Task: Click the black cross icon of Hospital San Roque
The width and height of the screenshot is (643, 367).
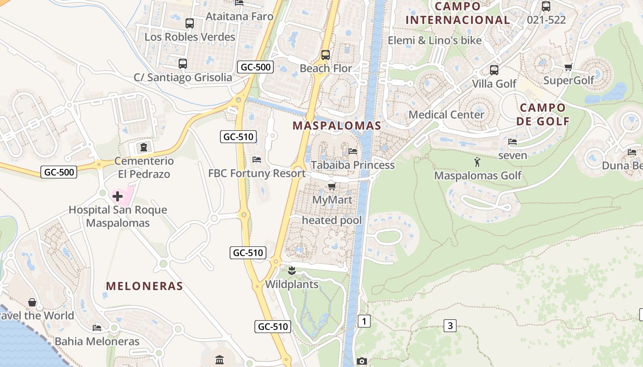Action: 118,196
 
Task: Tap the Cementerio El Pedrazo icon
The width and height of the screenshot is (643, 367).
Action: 144,147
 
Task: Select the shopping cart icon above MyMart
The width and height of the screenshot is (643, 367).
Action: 332,186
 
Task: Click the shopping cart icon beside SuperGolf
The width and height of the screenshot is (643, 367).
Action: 568,67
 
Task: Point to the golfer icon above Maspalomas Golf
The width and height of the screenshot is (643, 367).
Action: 477,162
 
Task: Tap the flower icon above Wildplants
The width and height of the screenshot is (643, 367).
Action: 291,270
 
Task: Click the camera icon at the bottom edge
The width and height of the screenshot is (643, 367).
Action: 362,361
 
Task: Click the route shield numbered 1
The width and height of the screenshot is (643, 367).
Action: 364,321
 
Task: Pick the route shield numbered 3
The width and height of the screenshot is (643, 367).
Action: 450,326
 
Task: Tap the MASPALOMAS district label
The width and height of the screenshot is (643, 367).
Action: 337,126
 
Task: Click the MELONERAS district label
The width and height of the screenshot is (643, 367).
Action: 145,286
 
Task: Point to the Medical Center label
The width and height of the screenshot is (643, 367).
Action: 446,115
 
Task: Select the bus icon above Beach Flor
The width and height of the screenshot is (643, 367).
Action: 326,55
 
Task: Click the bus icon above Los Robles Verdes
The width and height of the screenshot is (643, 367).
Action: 189,23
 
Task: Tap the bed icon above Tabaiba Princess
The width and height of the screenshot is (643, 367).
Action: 353,151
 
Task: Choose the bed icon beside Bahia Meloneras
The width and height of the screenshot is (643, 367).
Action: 97,328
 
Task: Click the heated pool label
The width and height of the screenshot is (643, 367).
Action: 332,220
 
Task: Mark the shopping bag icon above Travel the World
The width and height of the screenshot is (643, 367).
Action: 32,302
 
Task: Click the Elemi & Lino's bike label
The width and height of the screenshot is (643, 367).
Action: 434,40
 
